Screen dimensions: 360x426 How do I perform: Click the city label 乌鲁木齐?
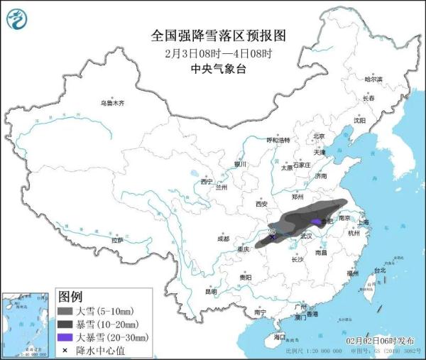pyautogui.click(x=112, y=103)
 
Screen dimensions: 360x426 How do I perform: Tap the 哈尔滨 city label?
pyautogui.click(x=373, y=79)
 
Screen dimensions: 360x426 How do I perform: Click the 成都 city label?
pyautogui.click(x=223, y=238)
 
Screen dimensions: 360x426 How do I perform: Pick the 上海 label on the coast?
pyautogui.click(x=364, y=222)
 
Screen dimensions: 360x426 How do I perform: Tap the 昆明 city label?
pyautogui.click(x=211, y=291)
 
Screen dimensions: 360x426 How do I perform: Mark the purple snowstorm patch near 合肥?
pyautogui.click(x=316, y=222)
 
